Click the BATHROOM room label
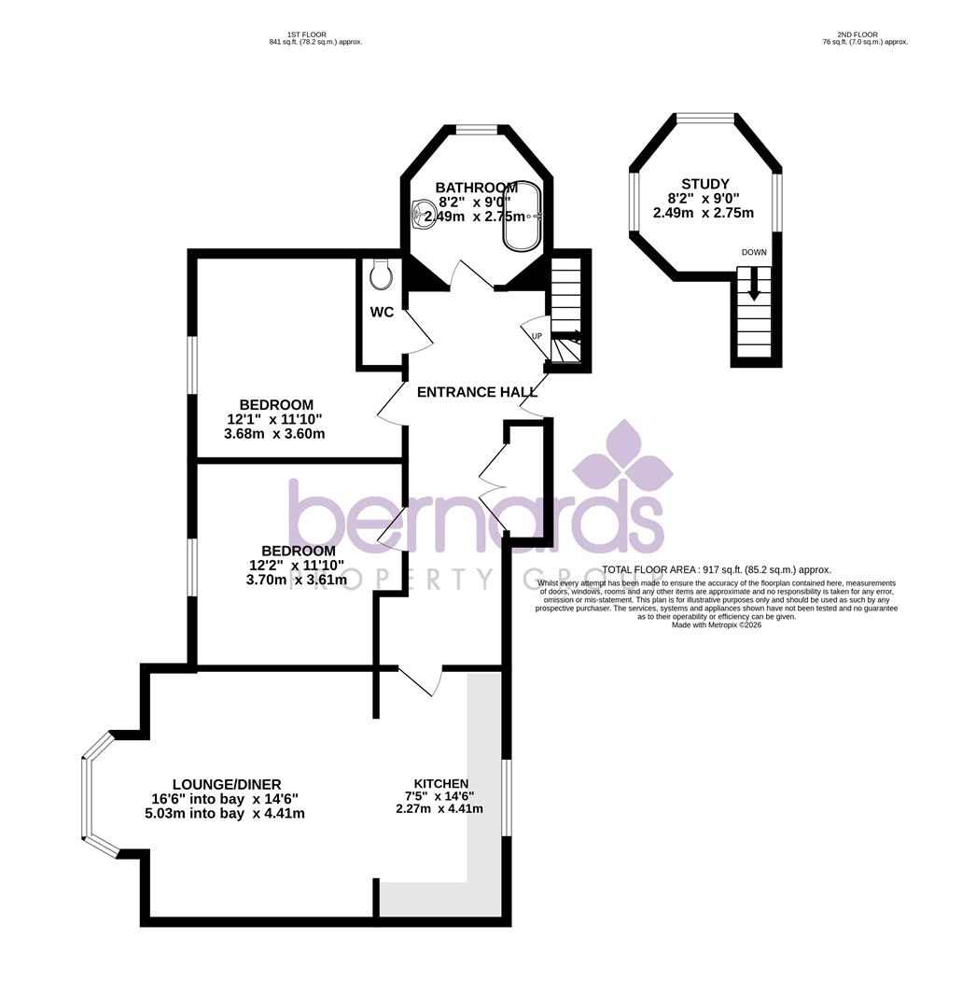click(x=476, y=188)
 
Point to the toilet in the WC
click(x=380, y=273)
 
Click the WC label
click(x=382, y=313)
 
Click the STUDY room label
click(x=704, y=184)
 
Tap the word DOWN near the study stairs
click(x=754, y=253)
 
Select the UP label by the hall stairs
click(x=537, y=336)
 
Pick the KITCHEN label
click(x=440, y=783)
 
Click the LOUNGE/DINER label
click(x=226, y=784)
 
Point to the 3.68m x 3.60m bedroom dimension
click(x=275, y=434)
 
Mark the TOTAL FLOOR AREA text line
click(x=716, y=569)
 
